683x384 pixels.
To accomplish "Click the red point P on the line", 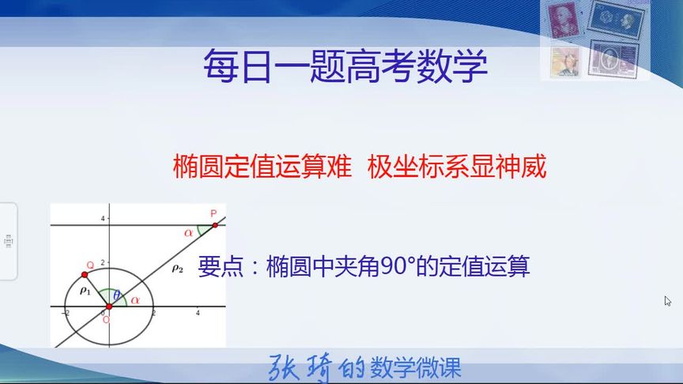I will click(x=214, y=224).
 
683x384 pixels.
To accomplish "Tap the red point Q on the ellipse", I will click(x=85, y=274).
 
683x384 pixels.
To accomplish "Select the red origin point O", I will click(x=108, y=306).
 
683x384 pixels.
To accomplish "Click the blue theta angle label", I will click(x=117, y=295).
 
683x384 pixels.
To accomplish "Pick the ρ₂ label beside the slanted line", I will click(x=177, y=269).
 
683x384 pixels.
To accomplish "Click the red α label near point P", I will click(x=188, y=232).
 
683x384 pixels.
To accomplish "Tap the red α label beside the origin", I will click(x=135, y=299).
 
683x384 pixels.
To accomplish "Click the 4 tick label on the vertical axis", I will click(x=102, y=217).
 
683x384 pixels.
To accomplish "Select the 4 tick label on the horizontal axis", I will click(x=197, y=314).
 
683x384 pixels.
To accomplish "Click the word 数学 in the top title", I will click(x=456, y=66).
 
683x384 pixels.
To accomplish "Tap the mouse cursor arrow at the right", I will click(x=668, y=301).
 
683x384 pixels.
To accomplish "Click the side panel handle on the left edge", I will click(x=8, y=241).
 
